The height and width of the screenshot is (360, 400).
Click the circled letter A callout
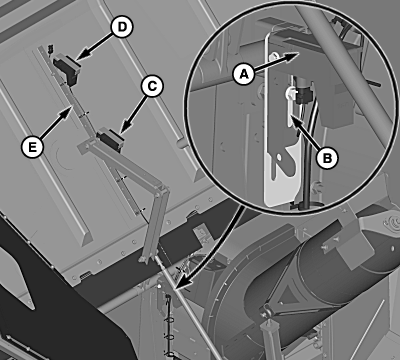(x=244, y=74)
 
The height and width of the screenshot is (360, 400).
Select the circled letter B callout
(x=327, y=158)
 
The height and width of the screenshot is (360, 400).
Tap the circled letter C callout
(x=152, y=86)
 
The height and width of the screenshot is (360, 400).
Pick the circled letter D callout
(x=122, y=27)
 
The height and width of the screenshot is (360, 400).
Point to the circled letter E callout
(x=32, y=147)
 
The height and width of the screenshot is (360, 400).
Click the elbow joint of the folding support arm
(x=162, y=190)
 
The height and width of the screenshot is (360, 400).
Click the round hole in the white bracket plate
(x=279, y=156)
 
